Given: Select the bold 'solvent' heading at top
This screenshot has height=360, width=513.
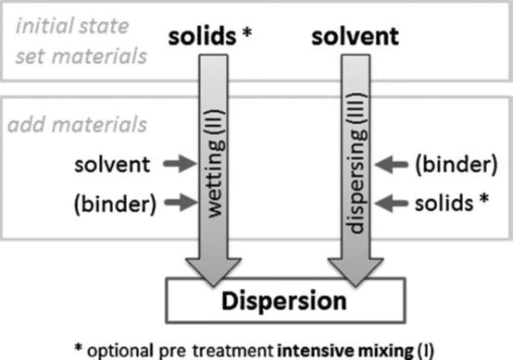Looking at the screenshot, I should pyautogui.click(x=355, y=38).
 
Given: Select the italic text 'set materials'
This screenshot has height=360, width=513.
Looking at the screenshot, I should pyautogui.click(x=76, y=56).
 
